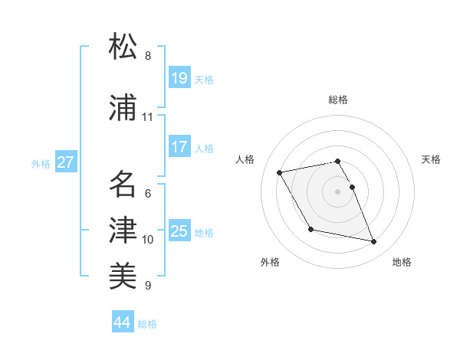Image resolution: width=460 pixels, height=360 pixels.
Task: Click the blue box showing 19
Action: tap(179, 78)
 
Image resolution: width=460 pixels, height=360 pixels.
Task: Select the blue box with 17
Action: tap(179, 147)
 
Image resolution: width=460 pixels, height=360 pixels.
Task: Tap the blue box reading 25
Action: tap(179, 231)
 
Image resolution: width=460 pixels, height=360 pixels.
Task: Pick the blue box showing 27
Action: tap(66, 162)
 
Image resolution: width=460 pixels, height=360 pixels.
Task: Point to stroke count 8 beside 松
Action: tap(148, 56)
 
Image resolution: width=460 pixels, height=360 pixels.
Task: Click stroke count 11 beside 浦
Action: tap(148, 117)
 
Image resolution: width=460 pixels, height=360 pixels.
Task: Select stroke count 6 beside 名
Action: tap(148, 194)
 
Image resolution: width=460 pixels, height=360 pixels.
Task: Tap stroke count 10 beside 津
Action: tap(148, 240)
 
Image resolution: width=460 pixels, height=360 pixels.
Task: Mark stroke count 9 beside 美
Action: tap(148, 286)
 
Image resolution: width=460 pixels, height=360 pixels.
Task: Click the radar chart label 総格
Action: tap(338, 100)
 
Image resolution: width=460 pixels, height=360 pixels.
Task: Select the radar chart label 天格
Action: tap(432, 159)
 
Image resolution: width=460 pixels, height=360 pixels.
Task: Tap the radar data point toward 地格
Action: tap(374, 242)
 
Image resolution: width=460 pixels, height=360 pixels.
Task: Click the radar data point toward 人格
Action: tap(280, 172)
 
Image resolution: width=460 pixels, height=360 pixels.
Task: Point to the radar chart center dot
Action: tap(338, 191)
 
